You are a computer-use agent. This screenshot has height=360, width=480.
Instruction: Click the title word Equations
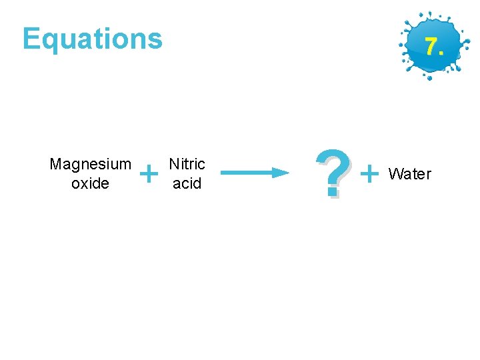(92, 39)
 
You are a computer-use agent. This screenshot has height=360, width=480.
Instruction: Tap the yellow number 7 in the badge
(431, 47)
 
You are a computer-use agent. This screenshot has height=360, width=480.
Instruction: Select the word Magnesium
(90, 164)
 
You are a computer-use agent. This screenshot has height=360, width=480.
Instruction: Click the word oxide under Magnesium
(90, 183)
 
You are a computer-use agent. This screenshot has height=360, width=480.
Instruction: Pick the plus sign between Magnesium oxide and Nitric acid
(151, 174)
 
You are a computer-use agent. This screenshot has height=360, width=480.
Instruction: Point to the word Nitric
(187, 164)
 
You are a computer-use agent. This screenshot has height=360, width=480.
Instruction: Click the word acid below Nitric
(187, 183)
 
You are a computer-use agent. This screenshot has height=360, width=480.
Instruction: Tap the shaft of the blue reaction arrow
(247, 173)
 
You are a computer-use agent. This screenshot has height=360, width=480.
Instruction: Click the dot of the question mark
(333, 193)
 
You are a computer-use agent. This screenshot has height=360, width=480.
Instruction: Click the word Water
(410, 174)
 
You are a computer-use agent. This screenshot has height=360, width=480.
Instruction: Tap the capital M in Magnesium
(55, 164)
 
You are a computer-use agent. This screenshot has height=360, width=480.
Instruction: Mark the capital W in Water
(395, 174)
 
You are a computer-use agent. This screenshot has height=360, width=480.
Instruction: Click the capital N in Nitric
(174, 164)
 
